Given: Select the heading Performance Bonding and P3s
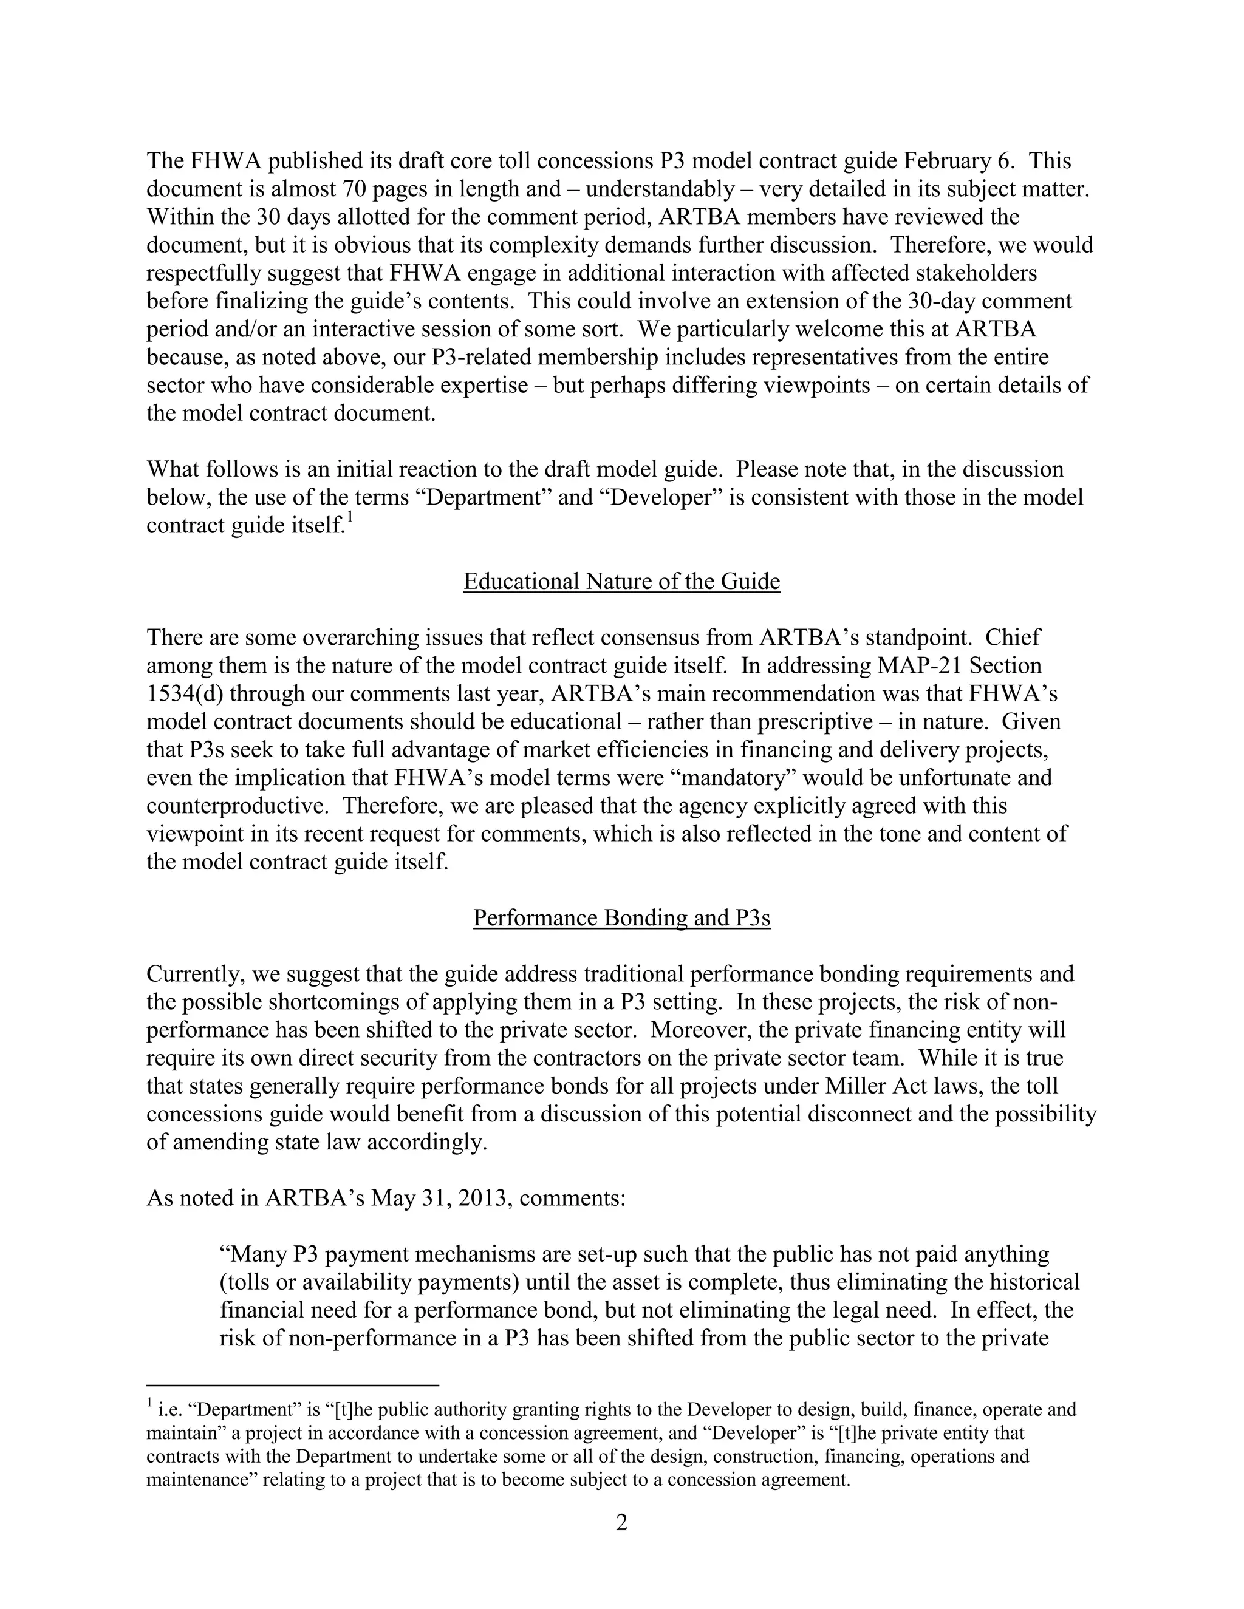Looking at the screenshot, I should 621,918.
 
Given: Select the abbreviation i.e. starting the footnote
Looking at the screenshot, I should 170,1410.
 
